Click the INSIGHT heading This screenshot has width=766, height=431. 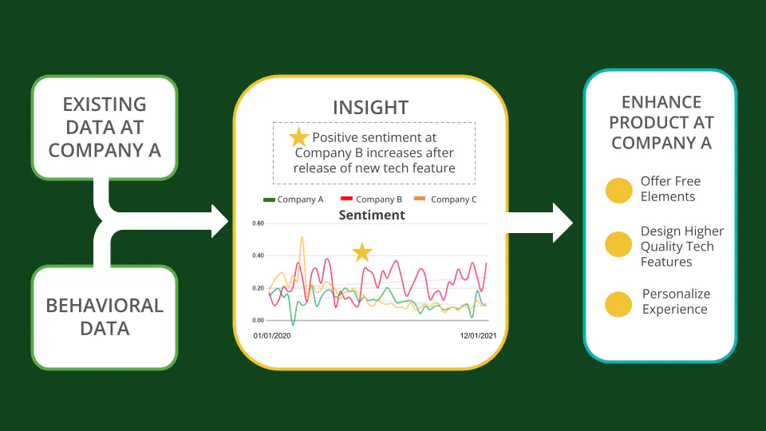click(371, 108)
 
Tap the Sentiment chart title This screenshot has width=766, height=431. click(372, 215)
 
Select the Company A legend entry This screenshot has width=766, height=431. click(293, 200)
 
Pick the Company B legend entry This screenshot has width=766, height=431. click(371, 200)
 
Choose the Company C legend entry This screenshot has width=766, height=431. click(445, 200)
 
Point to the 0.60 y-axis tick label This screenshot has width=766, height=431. click(258, 223)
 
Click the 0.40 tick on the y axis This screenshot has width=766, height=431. click(258, 255)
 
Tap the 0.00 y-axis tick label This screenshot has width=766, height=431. click(258, 320)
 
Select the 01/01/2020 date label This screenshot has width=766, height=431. click(271, 336)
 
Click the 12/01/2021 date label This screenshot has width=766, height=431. click(478, 336)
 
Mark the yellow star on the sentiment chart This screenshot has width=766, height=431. click(362, 252)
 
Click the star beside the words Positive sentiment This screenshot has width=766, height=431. click(298, 137)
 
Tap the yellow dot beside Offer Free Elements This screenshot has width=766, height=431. click(619, 190)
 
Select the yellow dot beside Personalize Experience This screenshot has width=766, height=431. click(618, 304)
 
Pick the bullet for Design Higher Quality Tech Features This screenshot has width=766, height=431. click(618, 244)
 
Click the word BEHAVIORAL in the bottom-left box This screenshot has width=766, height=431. click(105, 306)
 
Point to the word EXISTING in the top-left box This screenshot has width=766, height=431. click(105, 105)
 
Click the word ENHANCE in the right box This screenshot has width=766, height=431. click(661, 102)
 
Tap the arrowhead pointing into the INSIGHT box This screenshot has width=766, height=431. click(220, 221)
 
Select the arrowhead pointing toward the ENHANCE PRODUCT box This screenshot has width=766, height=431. click(563, 223)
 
